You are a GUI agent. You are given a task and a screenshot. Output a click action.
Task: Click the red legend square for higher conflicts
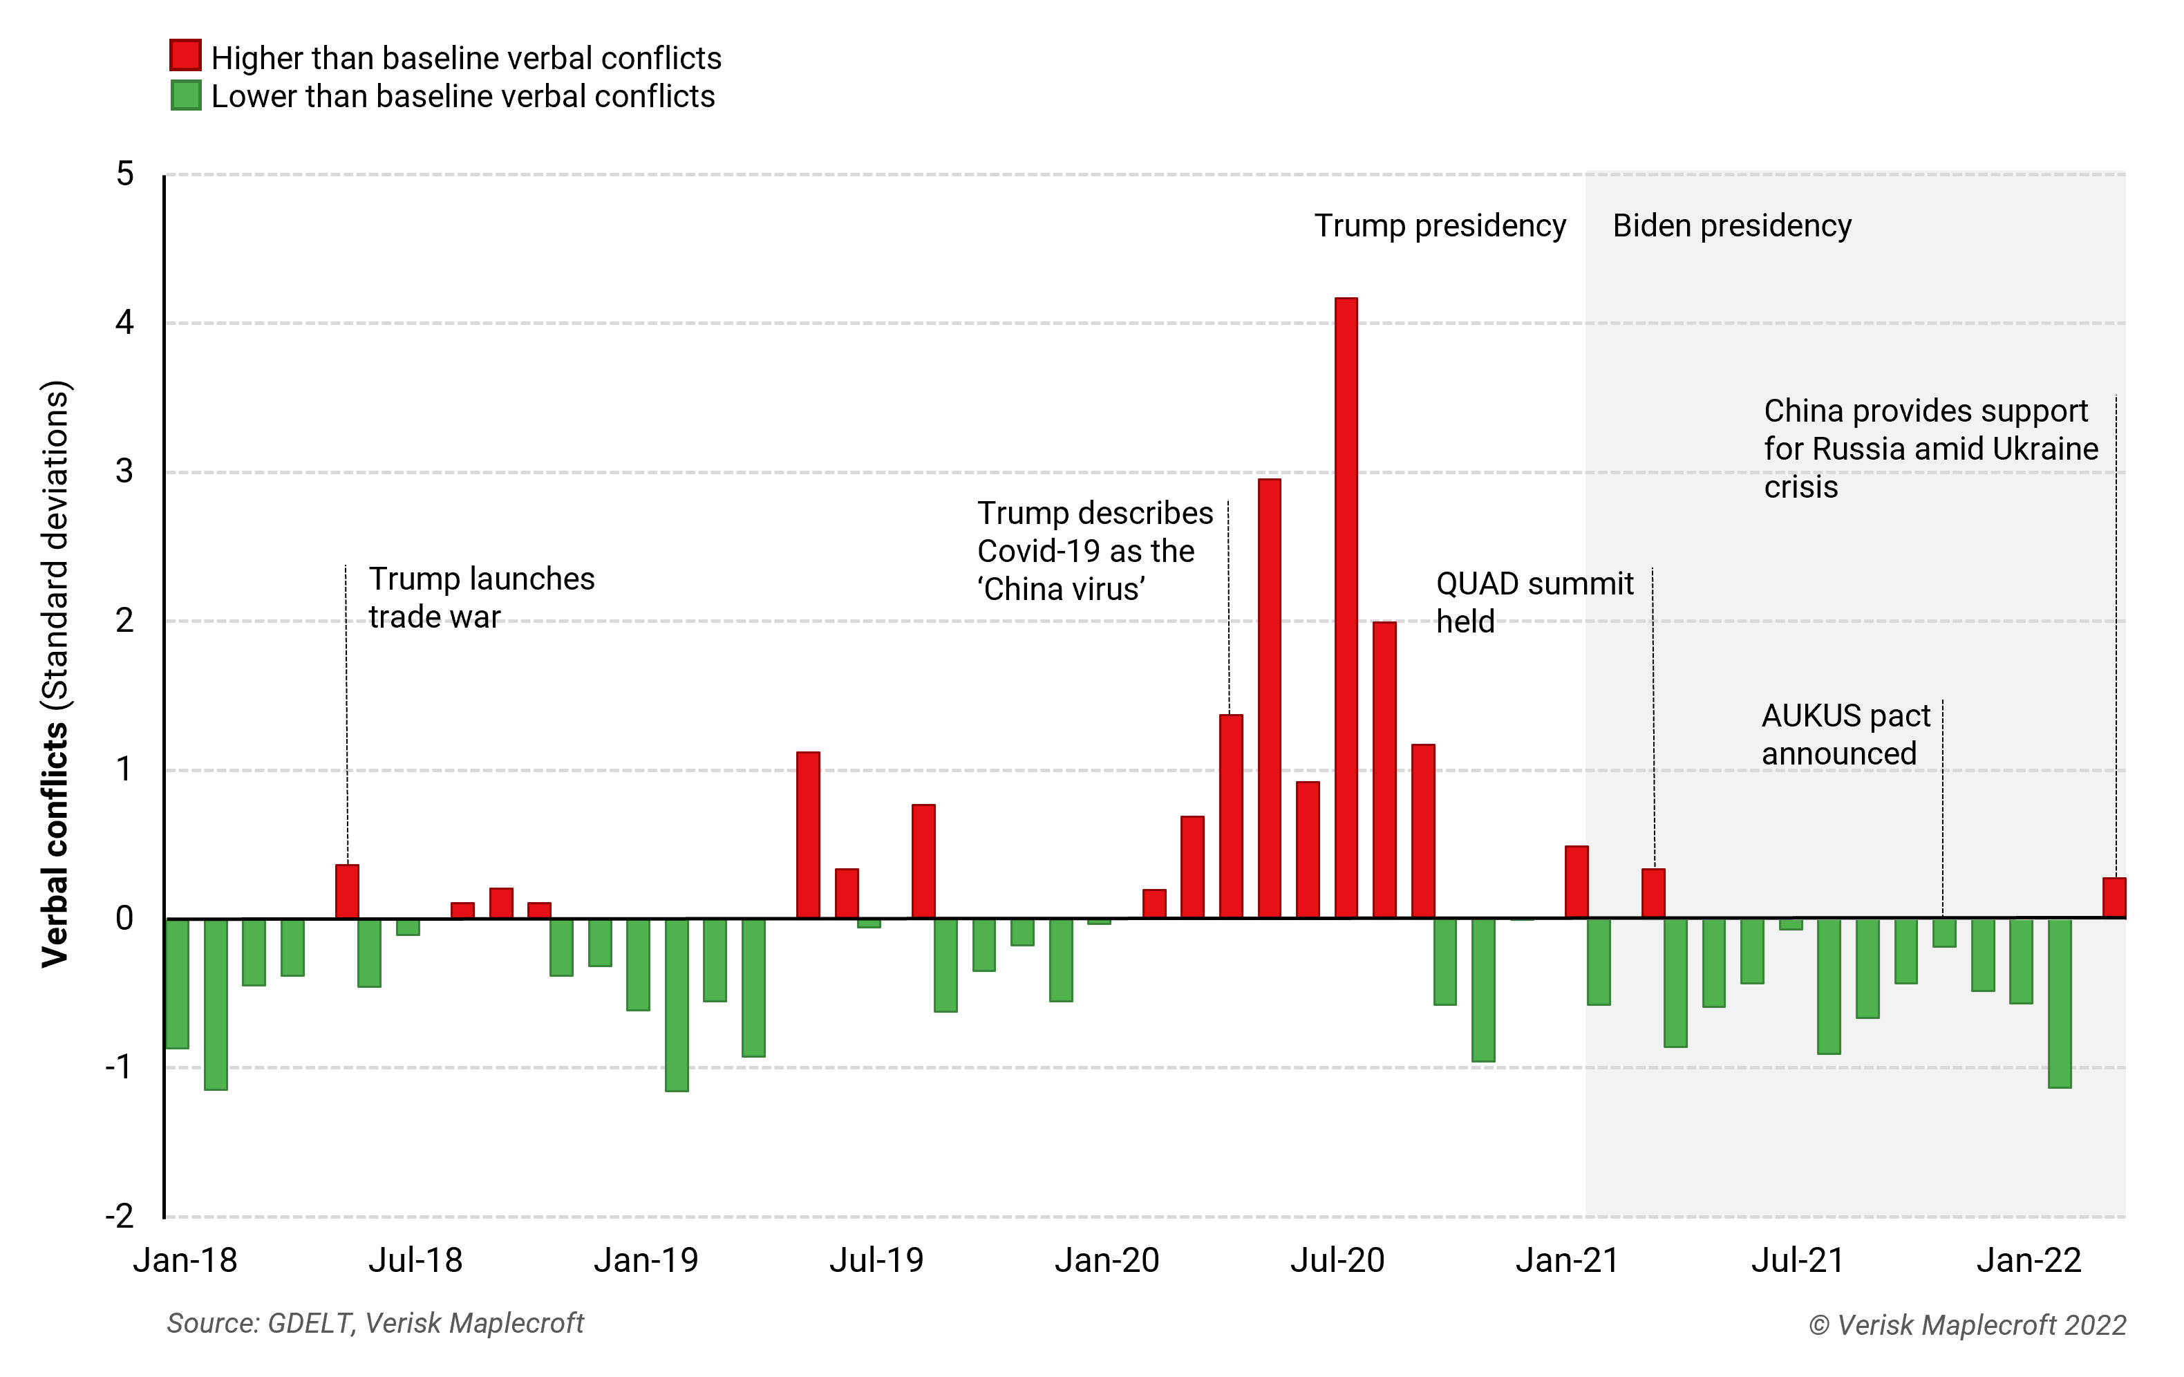click(x=185, y=55)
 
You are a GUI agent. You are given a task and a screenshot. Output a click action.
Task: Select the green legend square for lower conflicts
click(x=185, y=95)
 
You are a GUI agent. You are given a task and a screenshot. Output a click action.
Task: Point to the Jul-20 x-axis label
click(x=1337, y=1260)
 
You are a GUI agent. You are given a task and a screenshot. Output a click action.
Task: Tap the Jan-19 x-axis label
click(x=646, y=1260)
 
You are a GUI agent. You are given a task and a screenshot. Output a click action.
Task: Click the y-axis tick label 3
click(x=124, y=471)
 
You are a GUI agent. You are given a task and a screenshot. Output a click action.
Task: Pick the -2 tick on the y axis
click(x=120, y=1215)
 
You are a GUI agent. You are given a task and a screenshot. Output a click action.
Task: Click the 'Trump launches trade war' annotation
click(x=481, y=597)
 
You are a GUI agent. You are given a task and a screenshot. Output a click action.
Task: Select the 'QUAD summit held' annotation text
click(x=1534, y=602)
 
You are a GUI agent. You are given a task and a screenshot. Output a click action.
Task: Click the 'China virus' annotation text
click(x=1094, y=551)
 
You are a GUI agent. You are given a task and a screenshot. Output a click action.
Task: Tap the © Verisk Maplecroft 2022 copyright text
click(x=1966, y=1324)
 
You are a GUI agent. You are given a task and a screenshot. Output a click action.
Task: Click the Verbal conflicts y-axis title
click(x=55, y=673)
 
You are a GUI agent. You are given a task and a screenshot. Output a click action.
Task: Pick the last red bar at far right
click(x=2114, y=897)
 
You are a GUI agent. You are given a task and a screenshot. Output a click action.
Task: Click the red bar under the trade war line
click(x=346, y=891)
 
